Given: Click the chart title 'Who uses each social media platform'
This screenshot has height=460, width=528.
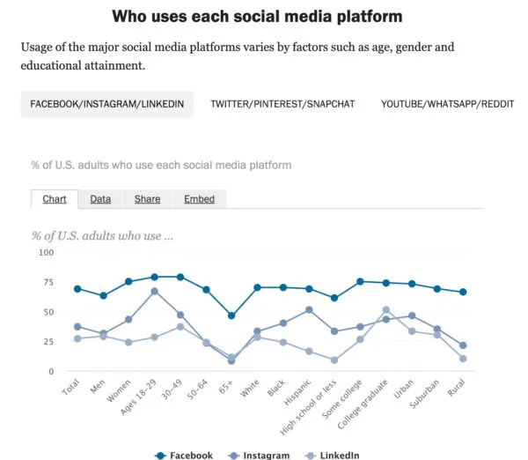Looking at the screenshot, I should click(257, 17).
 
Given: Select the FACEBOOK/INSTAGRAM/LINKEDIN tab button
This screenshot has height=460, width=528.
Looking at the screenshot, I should click(107, 104).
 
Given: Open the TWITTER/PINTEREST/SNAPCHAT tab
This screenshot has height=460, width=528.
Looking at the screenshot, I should click(282, 104).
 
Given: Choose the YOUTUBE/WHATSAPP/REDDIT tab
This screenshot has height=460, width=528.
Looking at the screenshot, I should click(447, 104).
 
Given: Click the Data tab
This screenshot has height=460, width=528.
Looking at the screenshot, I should click(100, 199).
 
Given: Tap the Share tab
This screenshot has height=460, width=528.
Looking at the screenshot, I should click(147, 199).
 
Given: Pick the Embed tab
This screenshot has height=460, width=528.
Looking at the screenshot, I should click(199, 199).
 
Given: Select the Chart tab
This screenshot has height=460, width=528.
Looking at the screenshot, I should click(55, 199).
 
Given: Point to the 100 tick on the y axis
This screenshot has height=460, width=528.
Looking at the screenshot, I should click(46, 253).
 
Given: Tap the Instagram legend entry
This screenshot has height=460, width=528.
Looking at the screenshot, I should click(265, 455).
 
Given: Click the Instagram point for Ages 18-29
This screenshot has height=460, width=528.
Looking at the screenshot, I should click(154, 291).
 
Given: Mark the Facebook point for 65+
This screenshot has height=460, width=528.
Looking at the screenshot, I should click(231, 315).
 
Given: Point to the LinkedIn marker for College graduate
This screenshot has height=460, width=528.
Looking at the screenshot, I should click(386, 310).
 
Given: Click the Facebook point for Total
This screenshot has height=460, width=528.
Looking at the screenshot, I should click(77, 289).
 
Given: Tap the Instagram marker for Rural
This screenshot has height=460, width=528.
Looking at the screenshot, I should click(463, 345).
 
